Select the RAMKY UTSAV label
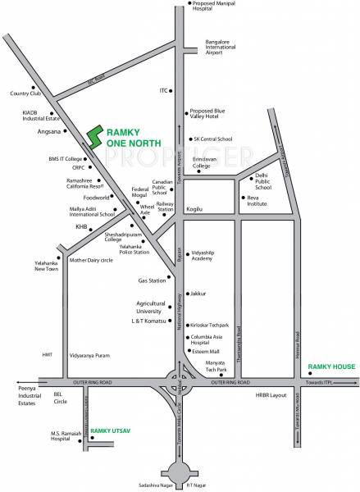click(112, 430)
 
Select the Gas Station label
click(153, 280)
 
